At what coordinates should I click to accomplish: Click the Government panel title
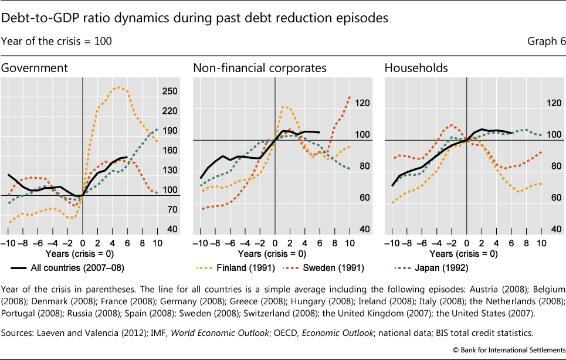[34, 68]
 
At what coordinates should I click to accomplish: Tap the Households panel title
[416, 68]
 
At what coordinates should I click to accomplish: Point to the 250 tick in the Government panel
[154, 91]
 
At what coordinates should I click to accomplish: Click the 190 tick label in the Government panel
[154, 131]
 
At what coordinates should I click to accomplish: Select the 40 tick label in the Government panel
[157, 229]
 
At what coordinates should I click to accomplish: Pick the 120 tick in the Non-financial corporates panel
[345, 103]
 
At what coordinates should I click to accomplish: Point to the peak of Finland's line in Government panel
[120, 87]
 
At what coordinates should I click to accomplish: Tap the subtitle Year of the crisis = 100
[56, 42]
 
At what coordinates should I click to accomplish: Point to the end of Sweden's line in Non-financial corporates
[350, 96]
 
